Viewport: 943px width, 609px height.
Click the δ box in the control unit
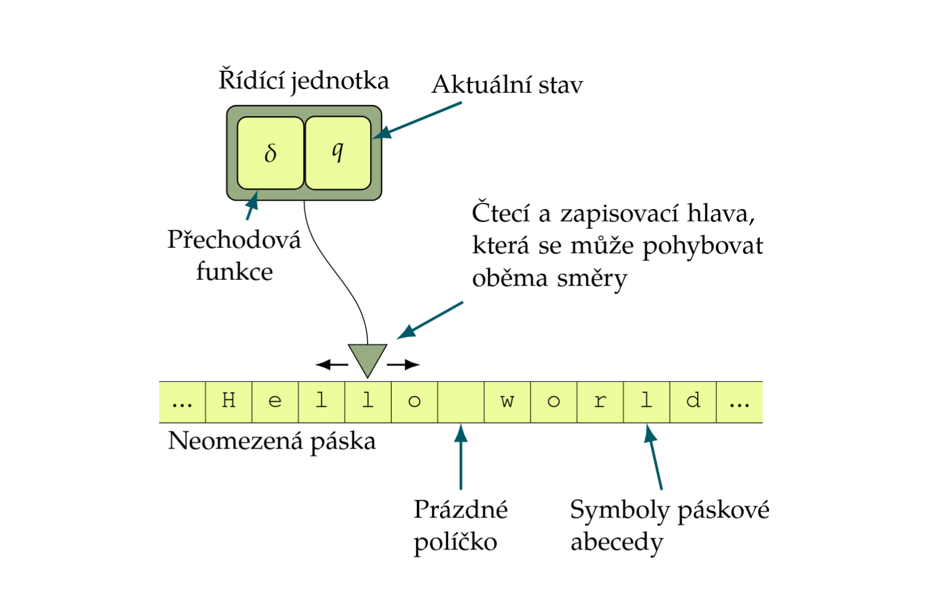tap(270, 153)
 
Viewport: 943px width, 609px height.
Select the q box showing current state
tap(337, 153)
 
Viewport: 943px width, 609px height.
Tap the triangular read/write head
tap(368, 358)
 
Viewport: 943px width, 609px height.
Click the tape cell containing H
tap(229, 402)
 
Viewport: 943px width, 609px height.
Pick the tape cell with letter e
tap(275, 402)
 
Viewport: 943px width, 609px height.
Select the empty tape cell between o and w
tap(461, 402)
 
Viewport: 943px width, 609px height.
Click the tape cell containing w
tap(507, 402)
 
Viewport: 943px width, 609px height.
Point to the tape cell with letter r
tap(600, 402)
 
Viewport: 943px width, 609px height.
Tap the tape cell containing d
tap(693, 402)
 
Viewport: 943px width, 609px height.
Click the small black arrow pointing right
tap(403, 365)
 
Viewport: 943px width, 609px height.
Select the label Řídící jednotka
tap(304, 81)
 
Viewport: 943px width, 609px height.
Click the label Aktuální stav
tap(507, 85)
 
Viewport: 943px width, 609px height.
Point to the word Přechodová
tap(234, 240)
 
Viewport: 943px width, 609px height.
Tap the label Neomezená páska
tap(272, 441)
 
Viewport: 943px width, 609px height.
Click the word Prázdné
tap(460, 509)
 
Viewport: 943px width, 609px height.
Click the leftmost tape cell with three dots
tap(182, 402)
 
